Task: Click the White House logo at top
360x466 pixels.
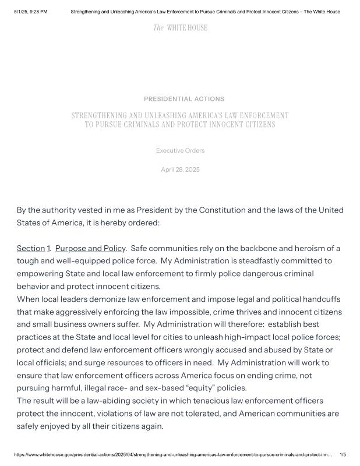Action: (180, 28)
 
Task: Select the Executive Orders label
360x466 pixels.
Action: (180, 151)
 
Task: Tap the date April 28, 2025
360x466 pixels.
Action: (180, 170)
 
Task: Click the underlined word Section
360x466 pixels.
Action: (30, 249)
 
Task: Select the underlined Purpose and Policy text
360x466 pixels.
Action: (90, 249)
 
